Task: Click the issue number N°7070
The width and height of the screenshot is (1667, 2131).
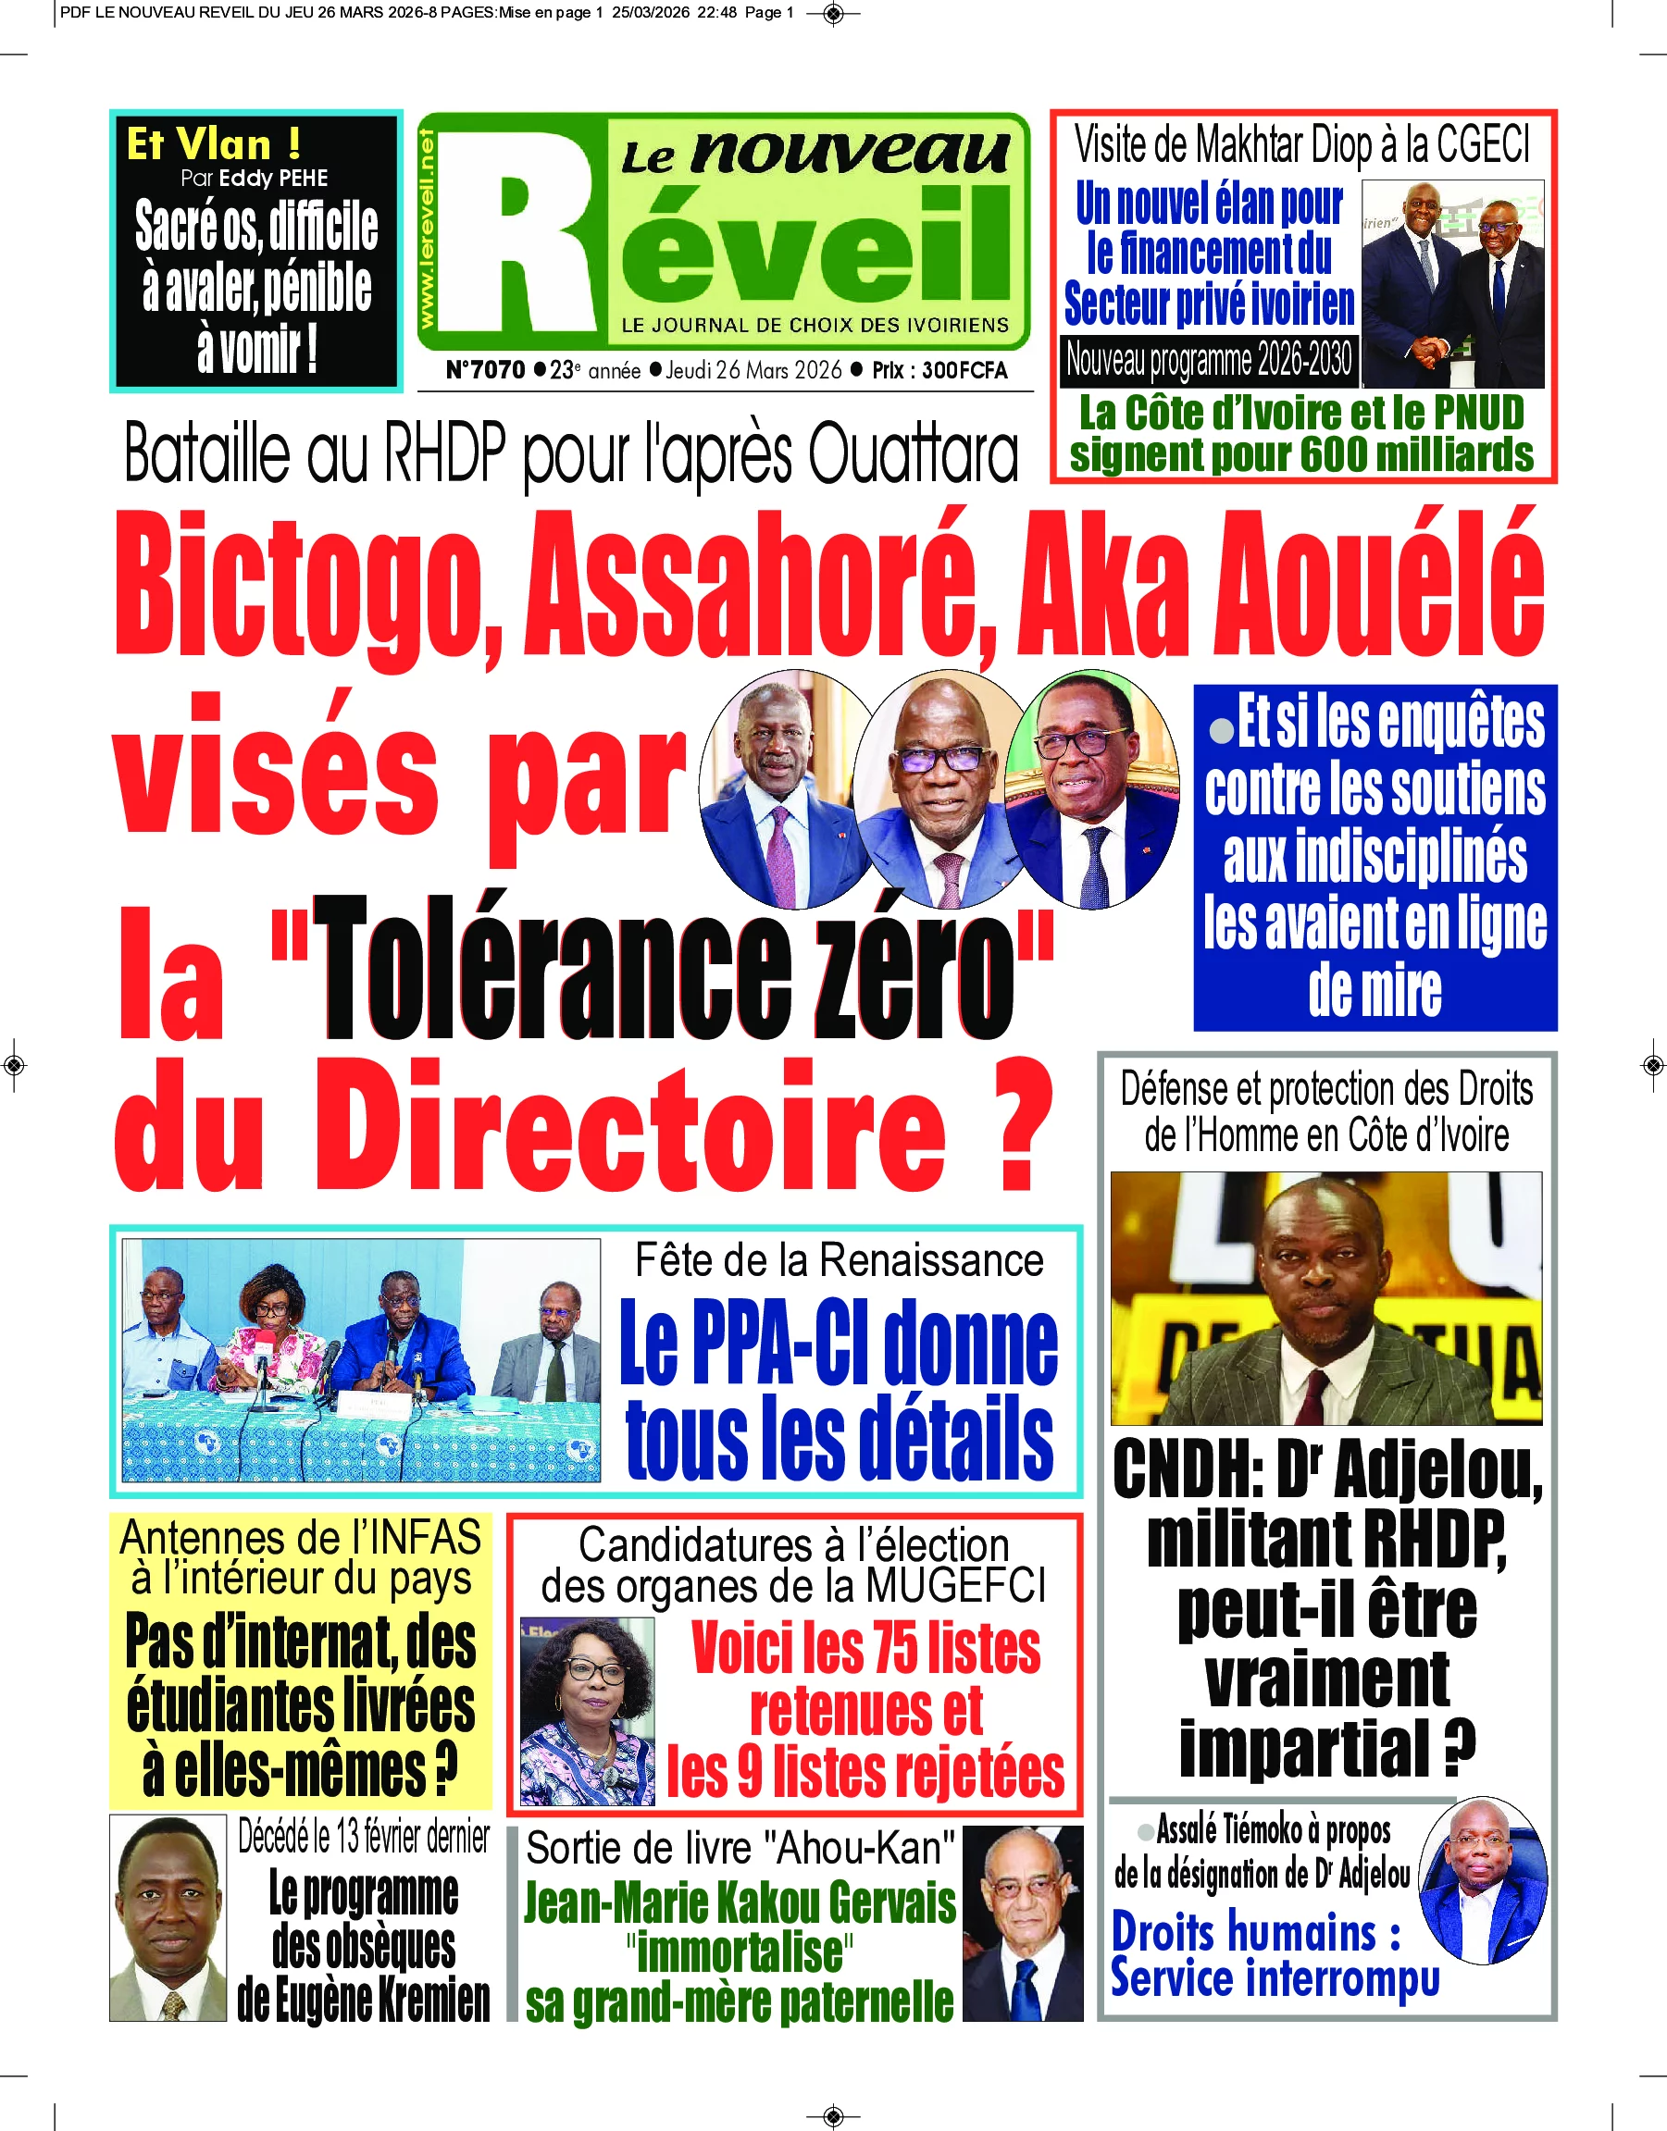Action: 485,371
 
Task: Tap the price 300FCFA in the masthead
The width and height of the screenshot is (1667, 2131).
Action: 964,371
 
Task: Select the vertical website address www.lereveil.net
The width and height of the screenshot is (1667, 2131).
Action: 428,230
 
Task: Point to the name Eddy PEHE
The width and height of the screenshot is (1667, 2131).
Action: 273,179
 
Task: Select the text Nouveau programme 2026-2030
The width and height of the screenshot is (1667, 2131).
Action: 1208,360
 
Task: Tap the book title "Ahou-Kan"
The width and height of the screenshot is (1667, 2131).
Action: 860,1848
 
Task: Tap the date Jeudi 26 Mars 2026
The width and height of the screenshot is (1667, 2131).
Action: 753,371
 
